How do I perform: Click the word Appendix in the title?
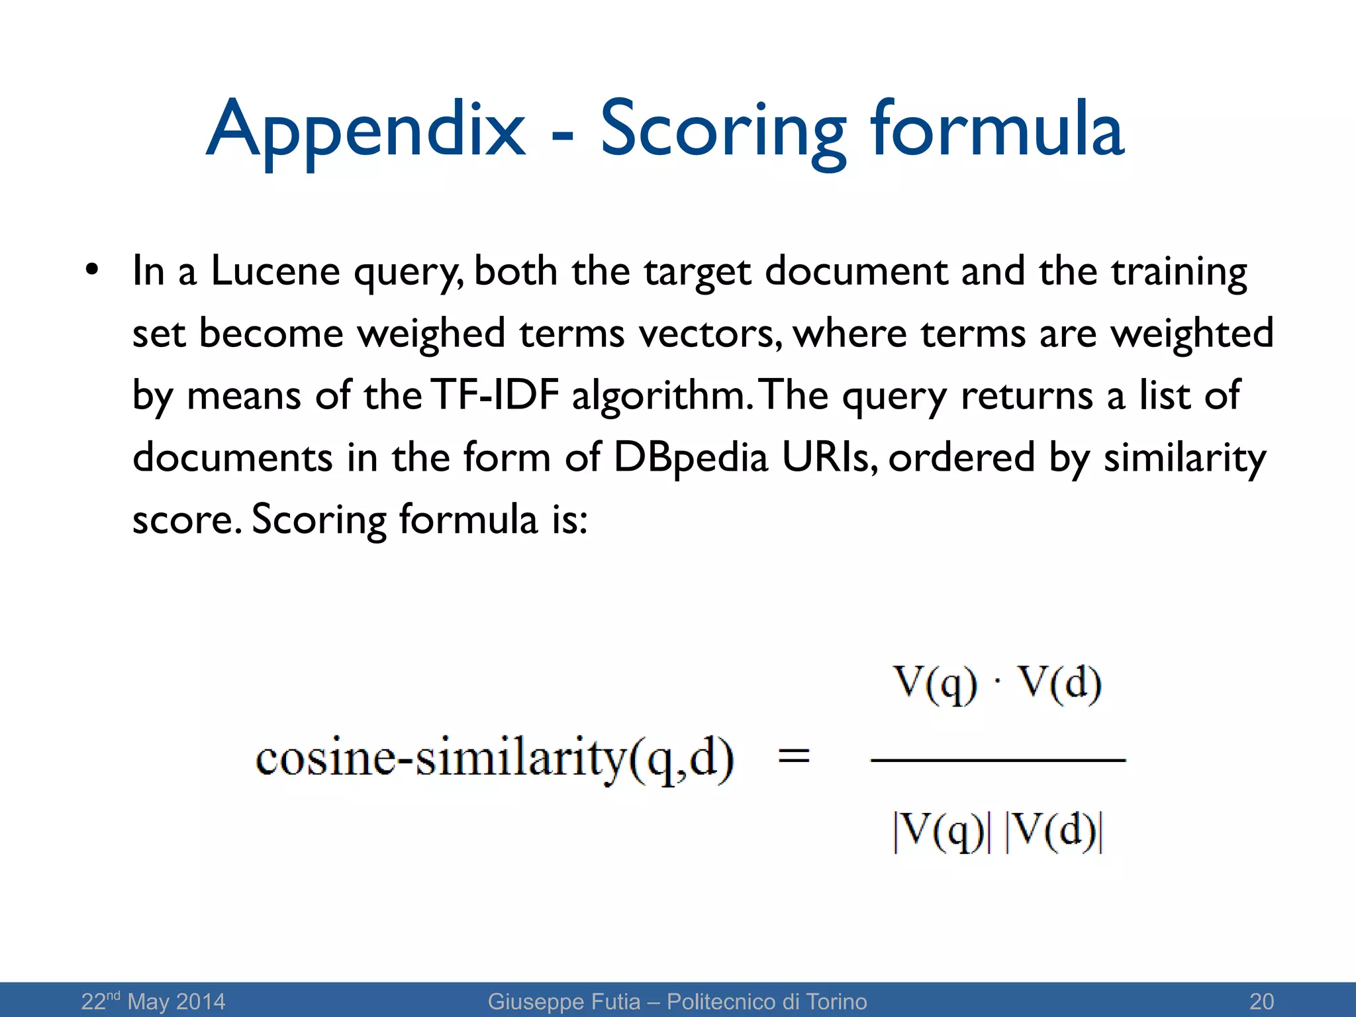[366, 129]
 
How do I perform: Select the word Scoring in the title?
[722, 129]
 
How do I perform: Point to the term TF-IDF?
[494, 395]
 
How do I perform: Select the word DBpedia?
[691, 457]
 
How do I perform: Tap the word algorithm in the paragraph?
[663, 395]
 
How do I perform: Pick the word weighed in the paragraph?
[432, 332]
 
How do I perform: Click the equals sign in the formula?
[794, 755]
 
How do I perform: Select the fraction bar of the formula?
[998, 761]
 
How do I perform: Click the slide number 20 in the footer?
[1261, 1001]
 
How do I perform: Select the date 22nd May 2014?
[153, 1001]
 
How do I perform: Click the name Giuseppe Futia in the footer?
[564, 1001]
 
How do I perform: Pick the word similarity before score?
[1185, 457]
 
